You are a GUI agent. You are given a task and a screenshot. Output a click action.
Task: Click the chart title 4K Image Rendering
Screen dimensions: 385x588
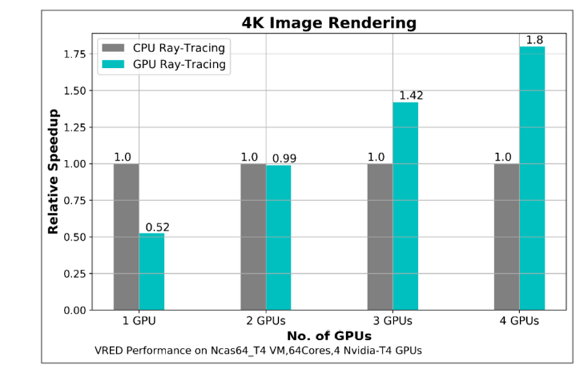(329, 23)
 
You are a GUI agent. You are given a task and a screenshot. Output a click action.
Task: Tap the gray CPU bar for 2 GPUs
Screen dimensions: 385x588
(253, 237)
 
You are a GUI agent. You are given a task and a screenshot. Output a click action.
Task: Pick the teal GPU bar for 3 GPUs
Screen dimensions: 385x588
(405, 206)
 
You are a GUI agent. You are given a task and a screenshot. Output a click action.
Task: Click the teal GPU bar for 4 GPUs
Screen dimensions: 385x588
(532, 178)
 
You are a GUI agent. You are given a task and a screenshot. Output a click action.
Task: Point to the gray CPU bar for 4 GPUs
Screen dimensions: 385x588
(506, 237)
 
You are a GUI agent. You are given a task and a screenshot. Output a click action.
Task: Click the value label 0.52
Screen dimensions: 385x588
(157, 227)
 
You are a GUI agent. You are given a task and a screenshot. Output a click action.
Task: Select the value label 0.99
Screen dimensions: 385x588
(284, 159)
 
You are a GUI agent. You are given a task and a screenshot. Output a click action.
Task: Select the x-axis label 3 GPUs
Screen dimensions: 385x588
(392, 321)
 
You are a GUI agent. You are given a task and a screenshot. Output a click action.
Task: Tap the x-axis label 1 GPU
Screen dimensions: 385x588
(139, 321)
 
